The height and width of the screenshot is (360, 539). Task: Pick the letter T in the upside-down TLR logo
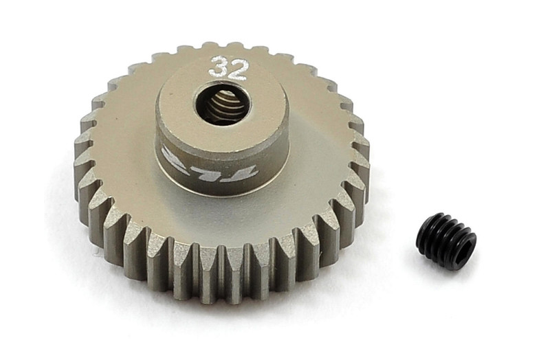pyautogui.click(x=245, y=171)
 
